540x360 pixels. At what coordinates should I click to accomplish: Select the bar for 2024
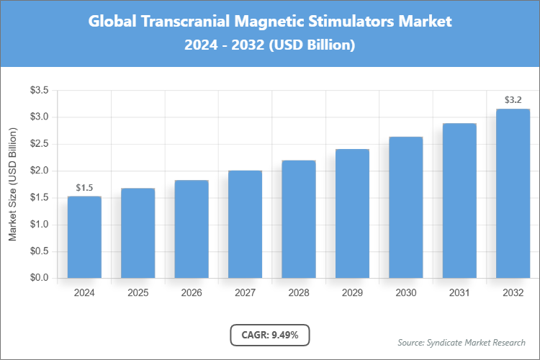(84, 237)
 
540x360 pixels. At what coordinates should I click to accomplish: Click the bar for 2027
(245, 224)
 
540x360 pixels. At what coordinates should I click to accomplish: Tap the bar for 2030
(405, 207)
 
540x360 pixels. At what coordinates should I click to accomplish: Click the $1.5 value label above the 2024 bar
(84, 188)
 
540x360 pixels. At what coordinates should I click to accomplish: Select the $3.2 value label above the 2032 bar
(513, 100)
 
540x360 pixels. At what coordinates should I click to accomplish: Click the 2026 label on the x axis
(192, 293)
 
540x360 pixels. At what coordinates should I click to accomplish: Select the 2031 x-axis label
(459, 293)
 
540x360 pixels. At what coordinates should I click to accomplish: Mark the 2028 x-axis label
(299, 293)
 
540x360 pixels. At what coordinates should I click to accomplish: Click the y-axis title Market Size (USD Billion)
(12, 184)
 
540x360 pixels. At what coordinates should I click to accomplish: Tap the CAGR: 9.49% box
(270, 334)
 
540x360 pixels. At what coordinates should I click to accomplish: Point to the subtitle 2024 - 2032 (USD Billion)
(270, 45)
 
